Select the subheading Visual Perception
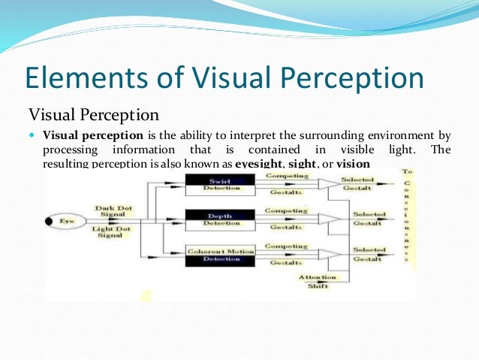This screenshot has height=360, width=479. tap(93, 116)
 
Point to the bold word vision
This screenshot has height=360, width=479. tap(353, 164)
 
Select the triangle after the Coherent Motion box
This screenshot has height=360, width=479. tap(328, 255)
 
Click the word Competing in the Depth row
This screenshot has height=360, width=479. tap(286, 211)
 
